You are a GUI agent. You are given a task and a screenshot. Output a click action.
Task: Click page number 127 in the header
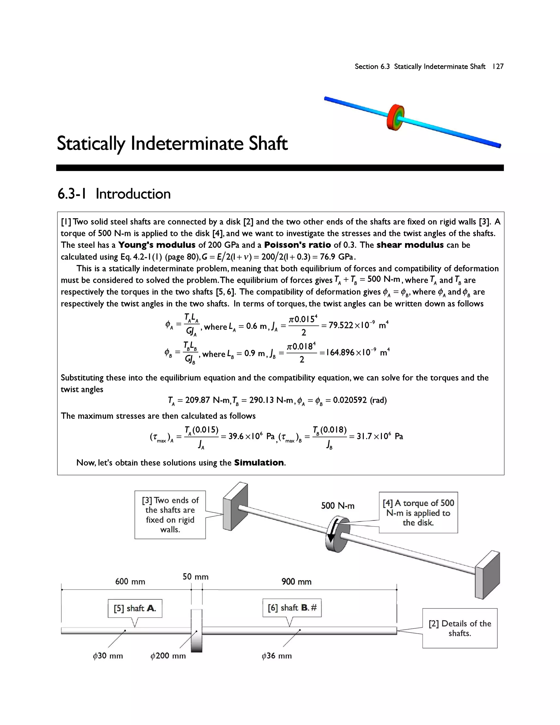pyautogui.click(x=498, y=66)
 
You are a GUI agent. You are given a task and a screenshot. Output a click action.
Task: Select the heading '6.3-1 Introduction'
pyautogui.click(x=114, y=194)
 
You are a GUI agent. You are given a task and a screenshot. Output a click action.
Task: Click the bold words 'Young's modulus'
pyautogui.click(x=157, y=245)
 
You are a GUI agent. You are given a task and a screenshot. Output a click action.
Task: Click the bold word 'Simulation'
pyautogui.click(x=259, y=463)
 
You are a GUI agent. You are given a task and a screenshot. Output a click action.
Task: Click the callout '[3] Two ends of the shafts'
pyautogui.click(x=170, y=515)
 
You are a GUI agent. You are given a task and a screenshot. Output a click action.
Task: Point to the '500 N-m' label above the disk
pyautogui.click(x=337, y=506)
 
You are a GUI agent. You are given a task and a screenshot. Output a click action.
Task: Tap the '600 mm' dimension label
pyautogui.click(x=130, y=582)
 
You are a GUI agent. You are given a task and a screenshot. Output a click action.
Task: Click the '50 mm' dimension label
pyautogui.click(x=196, y=577)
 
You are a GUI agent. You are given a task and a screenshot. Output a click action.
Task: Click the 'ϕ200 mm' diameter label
pyautogui.click(x=168, y=656)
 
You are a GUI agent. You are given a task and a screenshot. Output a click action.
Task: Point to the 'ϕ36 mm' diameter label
pyautogui.click(x=276, y=656)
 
